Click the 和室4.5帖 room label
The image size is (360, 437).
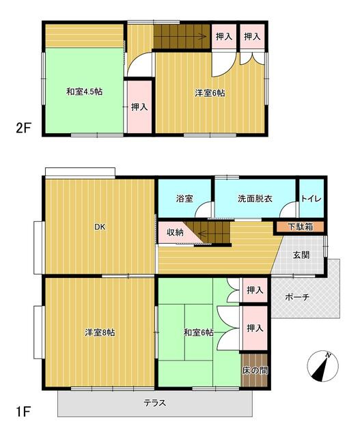(x=85, y=92)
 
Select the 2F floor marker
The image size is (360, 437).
(x=24, y=127)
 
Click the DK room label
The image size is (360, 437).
(x=100, y=227)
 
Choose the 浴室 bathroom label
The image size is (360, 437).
(x=184, y=199)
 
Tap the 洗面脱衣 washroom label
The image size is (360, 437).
(x=255, y=199)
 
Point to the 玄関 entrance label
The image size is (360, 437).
(x=302, y=255)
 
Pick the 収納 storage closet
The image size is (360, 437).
(x=175, y=232)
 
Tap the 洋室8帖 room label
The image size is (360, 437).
(x=100, y=333)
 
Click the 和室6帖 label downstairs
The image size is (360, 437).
(x=199, y=333)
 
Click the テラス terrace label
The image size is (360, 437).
(x=155, y=403)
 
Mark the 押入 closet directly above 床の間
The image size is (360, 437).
(x=254, y=328)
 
